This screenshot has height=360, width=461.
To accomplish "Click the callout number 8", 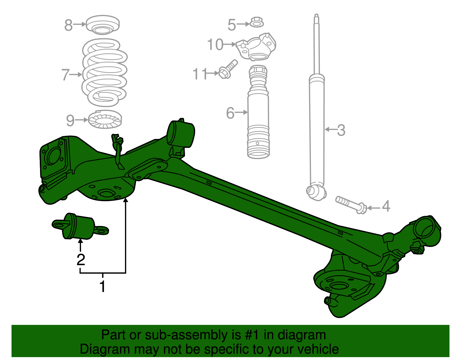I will pos(68,25).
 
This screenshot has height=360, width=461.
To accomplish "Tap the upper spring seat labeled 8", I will pos(103,24).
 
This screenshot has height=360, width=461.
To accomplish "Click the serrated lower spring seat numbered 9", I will pos(105,120).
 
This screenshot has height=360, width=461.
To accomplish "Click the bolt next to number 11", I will pos(228,69).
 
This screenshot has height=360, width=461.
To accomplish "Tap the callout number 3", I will pos(341,130).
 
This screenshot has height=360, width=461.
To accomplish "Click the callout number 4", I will pos(386,206).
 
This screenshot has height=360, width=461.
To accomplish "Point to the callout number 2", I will pos(81,260).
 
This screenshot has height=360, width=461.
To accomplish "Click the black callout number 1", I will pos(103,287).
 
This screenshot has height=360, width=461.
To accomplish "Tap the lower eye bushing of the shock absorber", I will pos(316,191).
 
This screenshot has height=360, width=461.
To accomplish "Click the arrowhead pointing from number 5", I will pos(248,24).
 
